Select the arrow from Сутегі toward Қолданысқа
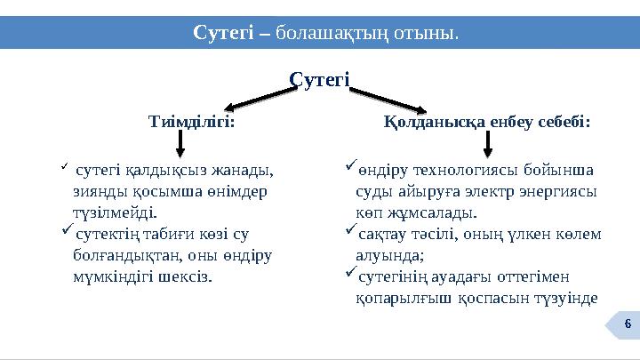pyautogui.click(x=392, y=95)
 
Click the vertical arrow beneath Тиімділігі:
pyautogui.click(x=181, y=142)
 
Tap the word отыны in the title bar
pyautogui.click(x=428, y=34)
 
